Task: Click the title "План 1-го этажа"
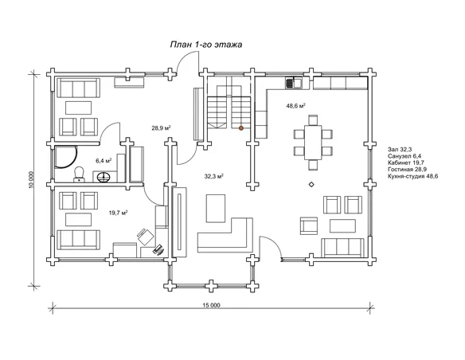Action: click(206, 45)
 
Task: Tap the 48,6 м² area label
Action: click(295, 106)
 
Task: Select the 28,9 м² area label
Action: click(161, 128)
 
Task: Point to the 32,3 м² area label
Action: click(214, 176)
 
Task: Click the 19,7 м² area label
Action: click(119, 213)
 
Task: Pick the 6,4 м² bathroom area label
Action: click(104, 161)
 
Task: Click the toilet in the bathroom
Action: click(79, 174)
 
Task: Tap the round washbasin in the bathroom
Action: click(104, 177)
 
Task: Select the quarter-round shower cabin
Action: click(66, 157)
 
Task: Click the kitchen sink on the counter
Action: click(294, 83)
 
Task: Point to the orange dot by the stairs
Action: click(241, 128)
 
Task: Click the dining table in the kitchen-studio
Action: click(313, 143)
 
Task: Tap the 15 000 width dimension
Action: click(212, 305)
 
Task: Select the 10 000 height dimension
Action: click(33, 179)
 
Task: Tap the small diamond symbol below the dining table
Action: click(311, 185)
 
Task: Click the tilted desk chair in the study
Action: click(146, 237)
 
